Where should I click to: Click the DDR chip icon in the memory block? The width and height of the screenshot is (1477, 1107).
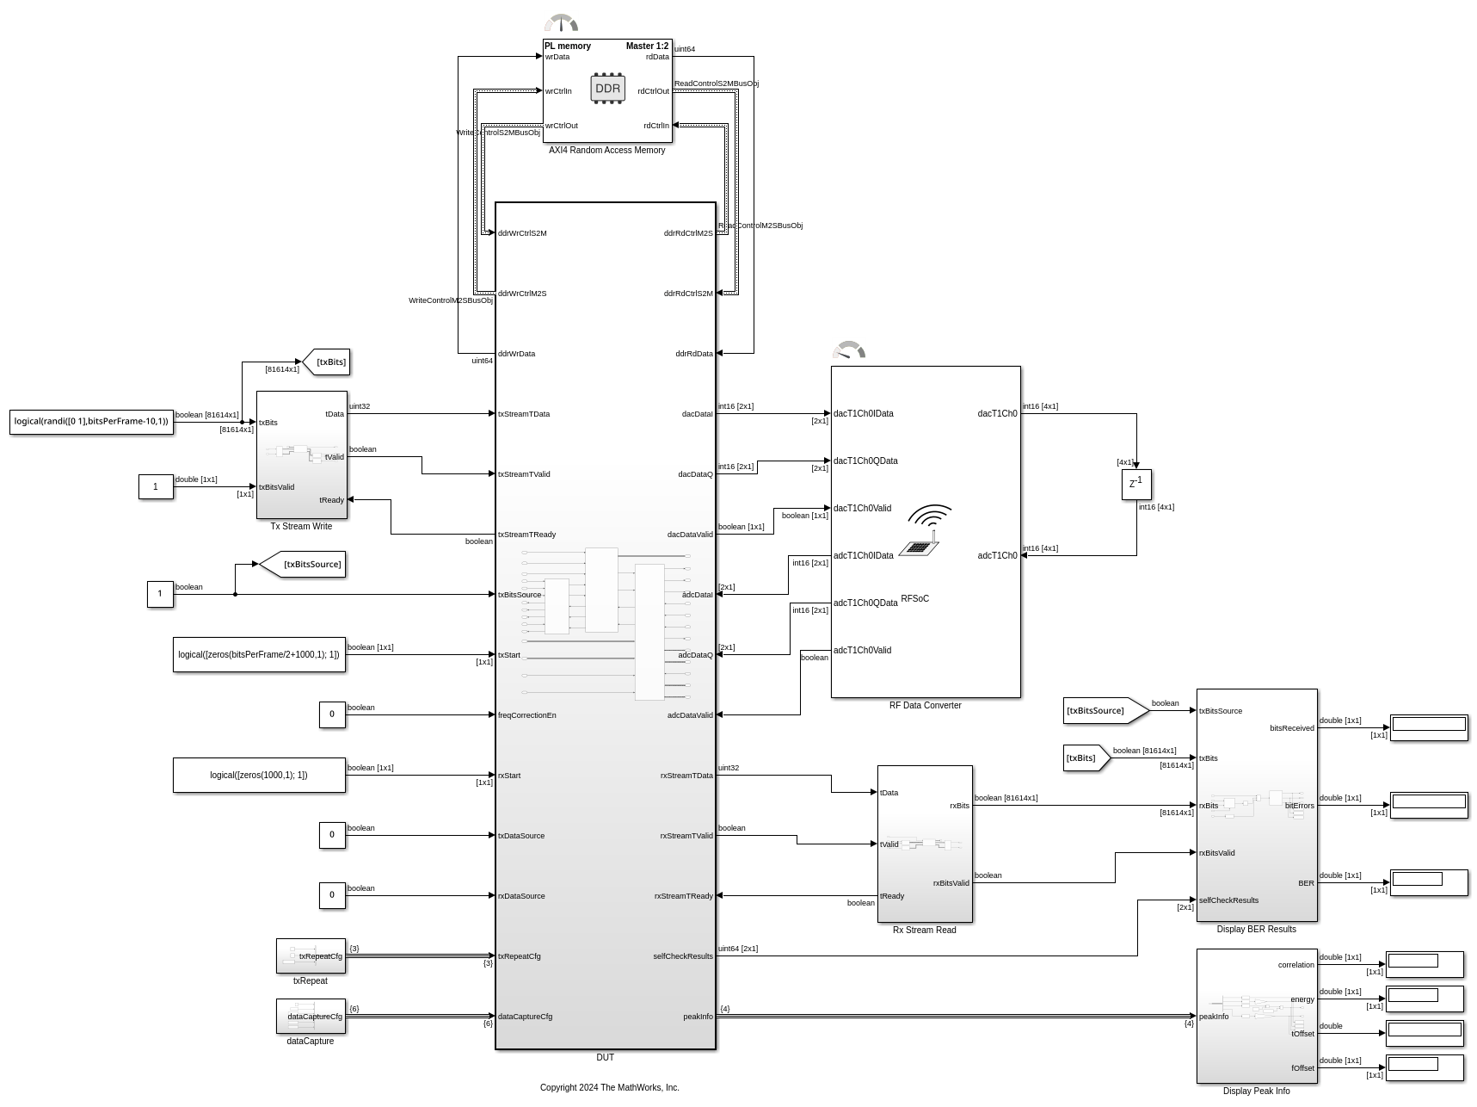(x=607, y=89)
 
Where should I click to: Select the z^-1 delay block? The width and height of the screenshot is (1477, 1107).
(x=1136, y=484)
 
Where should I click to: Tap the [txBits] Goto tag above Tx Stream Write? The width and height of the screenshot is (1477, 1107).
(x=328, y=362)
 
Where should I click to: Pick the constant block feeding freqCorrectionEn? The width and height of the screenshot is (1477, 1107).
(x=332, y=714)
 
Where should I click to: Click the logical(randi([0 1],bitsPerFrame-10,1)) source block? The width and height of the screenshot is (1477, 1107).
(x=91, y=422)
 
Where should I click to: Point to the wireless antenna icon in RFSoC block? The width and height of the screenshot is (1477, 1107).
(x=925, y=529)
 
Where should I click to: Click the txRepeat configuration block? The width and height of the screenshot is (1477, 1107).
(x=311, y=955)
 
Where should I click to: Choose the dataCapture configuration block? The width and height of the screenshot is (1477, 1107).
(x=311, y=1016)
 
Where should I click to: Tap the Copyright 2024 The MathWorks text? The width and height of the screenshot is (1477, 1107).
(x=609, y=1087)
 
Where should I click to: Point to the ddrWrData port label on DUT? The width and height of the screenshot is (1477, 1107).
(x=517, y=354)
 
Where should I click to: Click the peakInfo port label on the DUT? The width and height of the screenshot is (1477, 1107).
(x=698, y=1017)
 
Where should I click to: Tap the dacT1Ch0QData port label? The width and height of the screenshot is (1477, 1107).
(x=865, y=461)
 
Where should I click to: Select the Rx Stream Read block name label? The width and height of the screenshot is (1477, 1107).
(x=925, y=930)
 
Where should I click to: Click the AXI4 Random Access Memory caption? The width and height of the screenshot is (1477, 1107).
(x=607, y=150)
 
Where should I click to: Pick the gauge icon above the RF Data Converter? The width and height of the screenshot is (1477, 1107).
(x=849, y=350)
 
